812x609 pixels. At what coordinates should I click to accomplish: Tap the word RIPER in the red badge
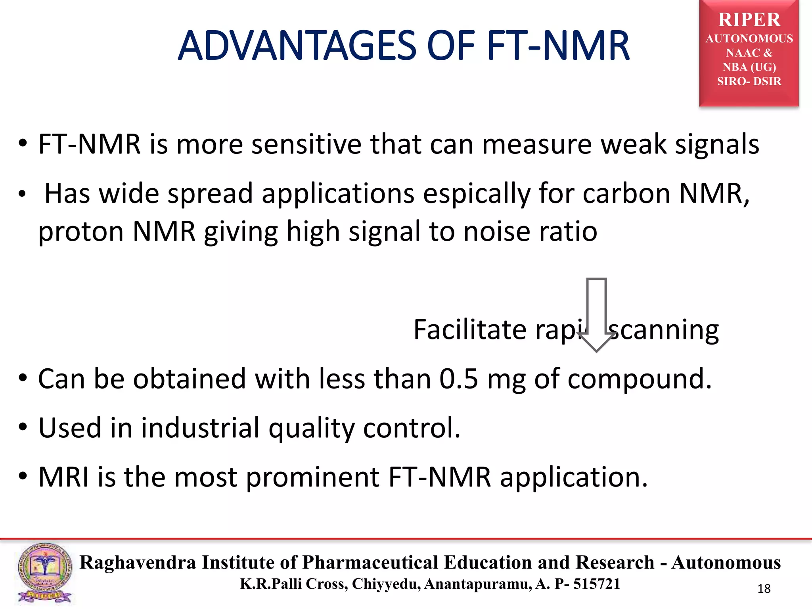point(749,20)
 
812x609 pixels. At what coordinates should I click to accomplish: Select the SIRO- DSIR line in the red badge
point(749,81)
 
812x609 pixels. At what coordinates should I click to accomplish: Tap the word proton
point(81,232)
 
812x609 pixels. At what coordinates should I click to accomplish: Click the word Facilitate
point(470,329)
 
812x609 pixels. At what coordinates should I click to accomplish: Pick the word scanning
point(664,330)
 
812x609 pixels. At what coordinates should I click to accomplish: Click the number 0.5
point(458,379)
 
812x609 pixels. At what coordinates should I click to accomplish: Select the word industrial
point(200,428)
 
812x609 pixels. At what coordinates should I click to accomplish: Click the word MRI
point(63,477)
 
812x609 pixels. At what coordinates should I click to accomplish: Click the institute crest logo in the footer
point(44,573)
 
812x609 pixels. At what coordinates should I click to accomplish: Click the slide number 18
point(764,589)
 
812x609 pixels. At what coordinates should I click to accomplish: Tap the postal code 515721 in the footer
point(596,584)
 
